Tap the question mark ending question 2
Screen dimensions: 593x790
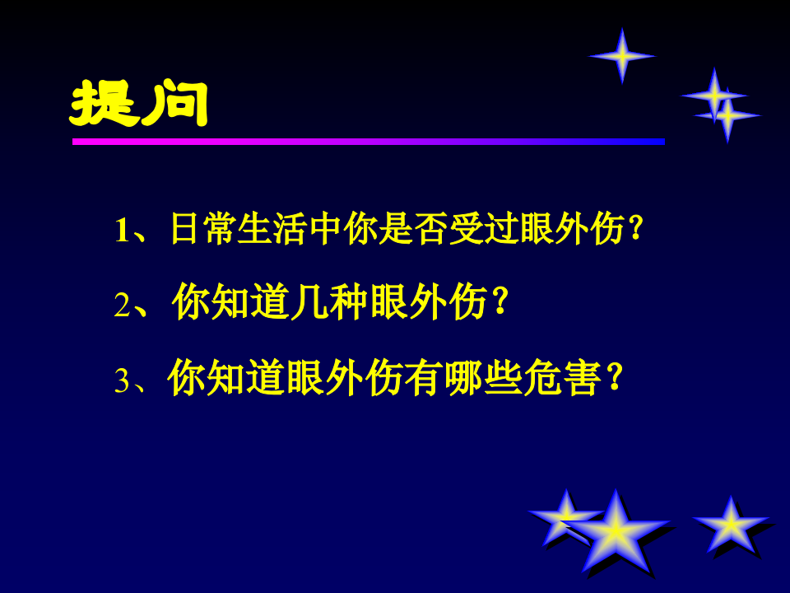[495, 304]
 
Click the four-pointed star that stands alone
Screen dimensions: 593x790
[623, 55]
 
